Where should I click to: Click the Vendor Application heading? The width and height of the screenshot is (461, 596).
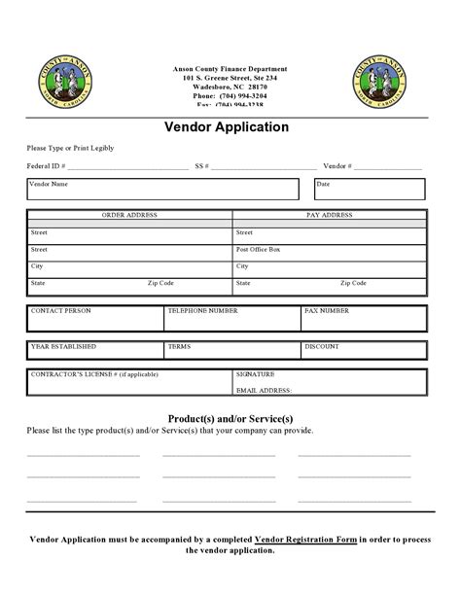(230, 126)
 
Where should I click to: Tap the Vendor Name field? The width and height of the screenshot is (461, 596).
(161, 189)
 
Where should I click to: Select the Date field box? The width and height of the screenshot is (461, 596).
(371, 189)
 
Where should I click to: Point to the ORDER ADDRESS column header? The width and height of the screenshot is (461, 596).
(129, 214)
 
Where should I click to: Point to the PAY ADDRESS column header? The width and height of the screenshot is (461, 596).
(330, 214)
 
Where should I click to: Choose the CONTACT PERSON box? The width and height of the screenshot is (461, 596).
(94, 317)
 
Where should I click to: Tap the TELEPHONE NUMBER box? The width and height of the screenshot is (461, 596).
(231, 317)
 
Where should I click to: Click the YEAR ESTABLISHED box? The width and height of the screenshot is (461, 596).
(94, 351)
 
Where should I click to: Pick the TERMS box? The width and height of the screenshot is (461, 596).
(231, 351)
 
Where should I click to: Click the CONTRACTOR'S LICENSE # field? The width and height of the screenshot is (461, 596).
(128, 380)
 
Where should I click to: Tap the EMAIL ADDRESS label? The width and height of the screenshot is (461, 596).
(264, 390)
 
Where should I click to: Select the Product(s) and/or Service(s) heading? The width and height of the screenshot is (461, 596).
(230, 417)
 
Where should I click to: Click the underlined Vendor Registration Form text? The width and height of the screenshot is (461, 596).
(305, 538)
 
